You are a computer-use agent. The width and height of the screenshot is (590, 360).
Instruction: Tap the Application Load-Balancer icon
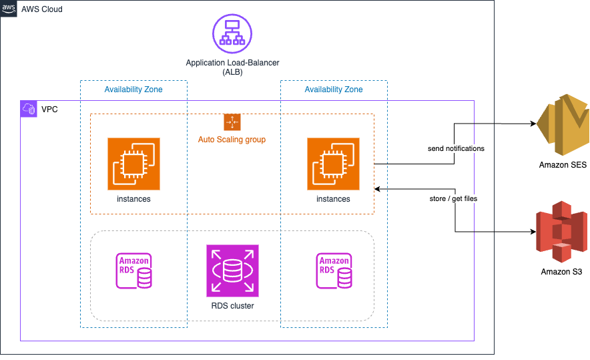[x=232, y=33]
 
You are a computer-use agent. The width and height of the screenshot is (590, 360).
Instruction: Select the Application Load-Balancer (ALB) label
[x=232, y=67]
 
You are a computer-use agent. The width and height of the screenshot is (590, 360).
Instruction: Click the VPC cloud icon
[x=29, y=109]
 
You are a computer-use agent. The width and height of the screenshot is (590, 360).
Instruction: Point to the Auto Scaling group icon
[x=232, y=122]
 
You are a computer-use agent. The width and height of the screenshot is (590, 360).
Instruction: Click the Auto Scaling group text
[x=232, y=140]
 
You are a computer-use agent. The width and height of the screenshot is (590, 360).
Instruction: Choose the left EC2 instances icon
[x=133, y=164]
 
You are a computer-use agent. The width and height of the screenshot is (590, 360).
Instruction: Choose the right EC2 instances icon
[x=333, y=164]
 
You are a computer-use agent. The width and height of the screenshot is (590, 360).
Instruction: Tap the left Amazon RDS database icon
[x=133, y=271]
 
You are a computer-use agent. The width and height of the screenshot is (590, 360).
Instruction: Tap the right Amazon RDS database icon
[x=334, y=271]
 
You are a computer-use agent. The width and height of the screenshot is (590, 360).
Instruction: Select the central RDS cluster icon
[x=232, y=271]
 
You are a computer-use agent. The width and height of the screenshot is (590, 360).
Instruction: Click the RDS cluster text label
[x=232, y=306]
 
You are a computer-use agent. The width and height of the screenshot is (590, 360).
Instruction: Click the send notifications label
[x=456, y=148]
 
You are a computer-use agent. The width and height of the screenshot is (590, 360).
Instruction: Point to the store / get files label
[x=454, y=198]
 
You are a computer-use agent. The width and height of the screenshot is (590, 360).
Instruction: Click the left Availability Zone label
[x=133, y=89]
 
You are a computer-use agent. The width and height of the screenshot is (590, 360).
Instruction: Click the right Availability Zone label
[x=334, y=89]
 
